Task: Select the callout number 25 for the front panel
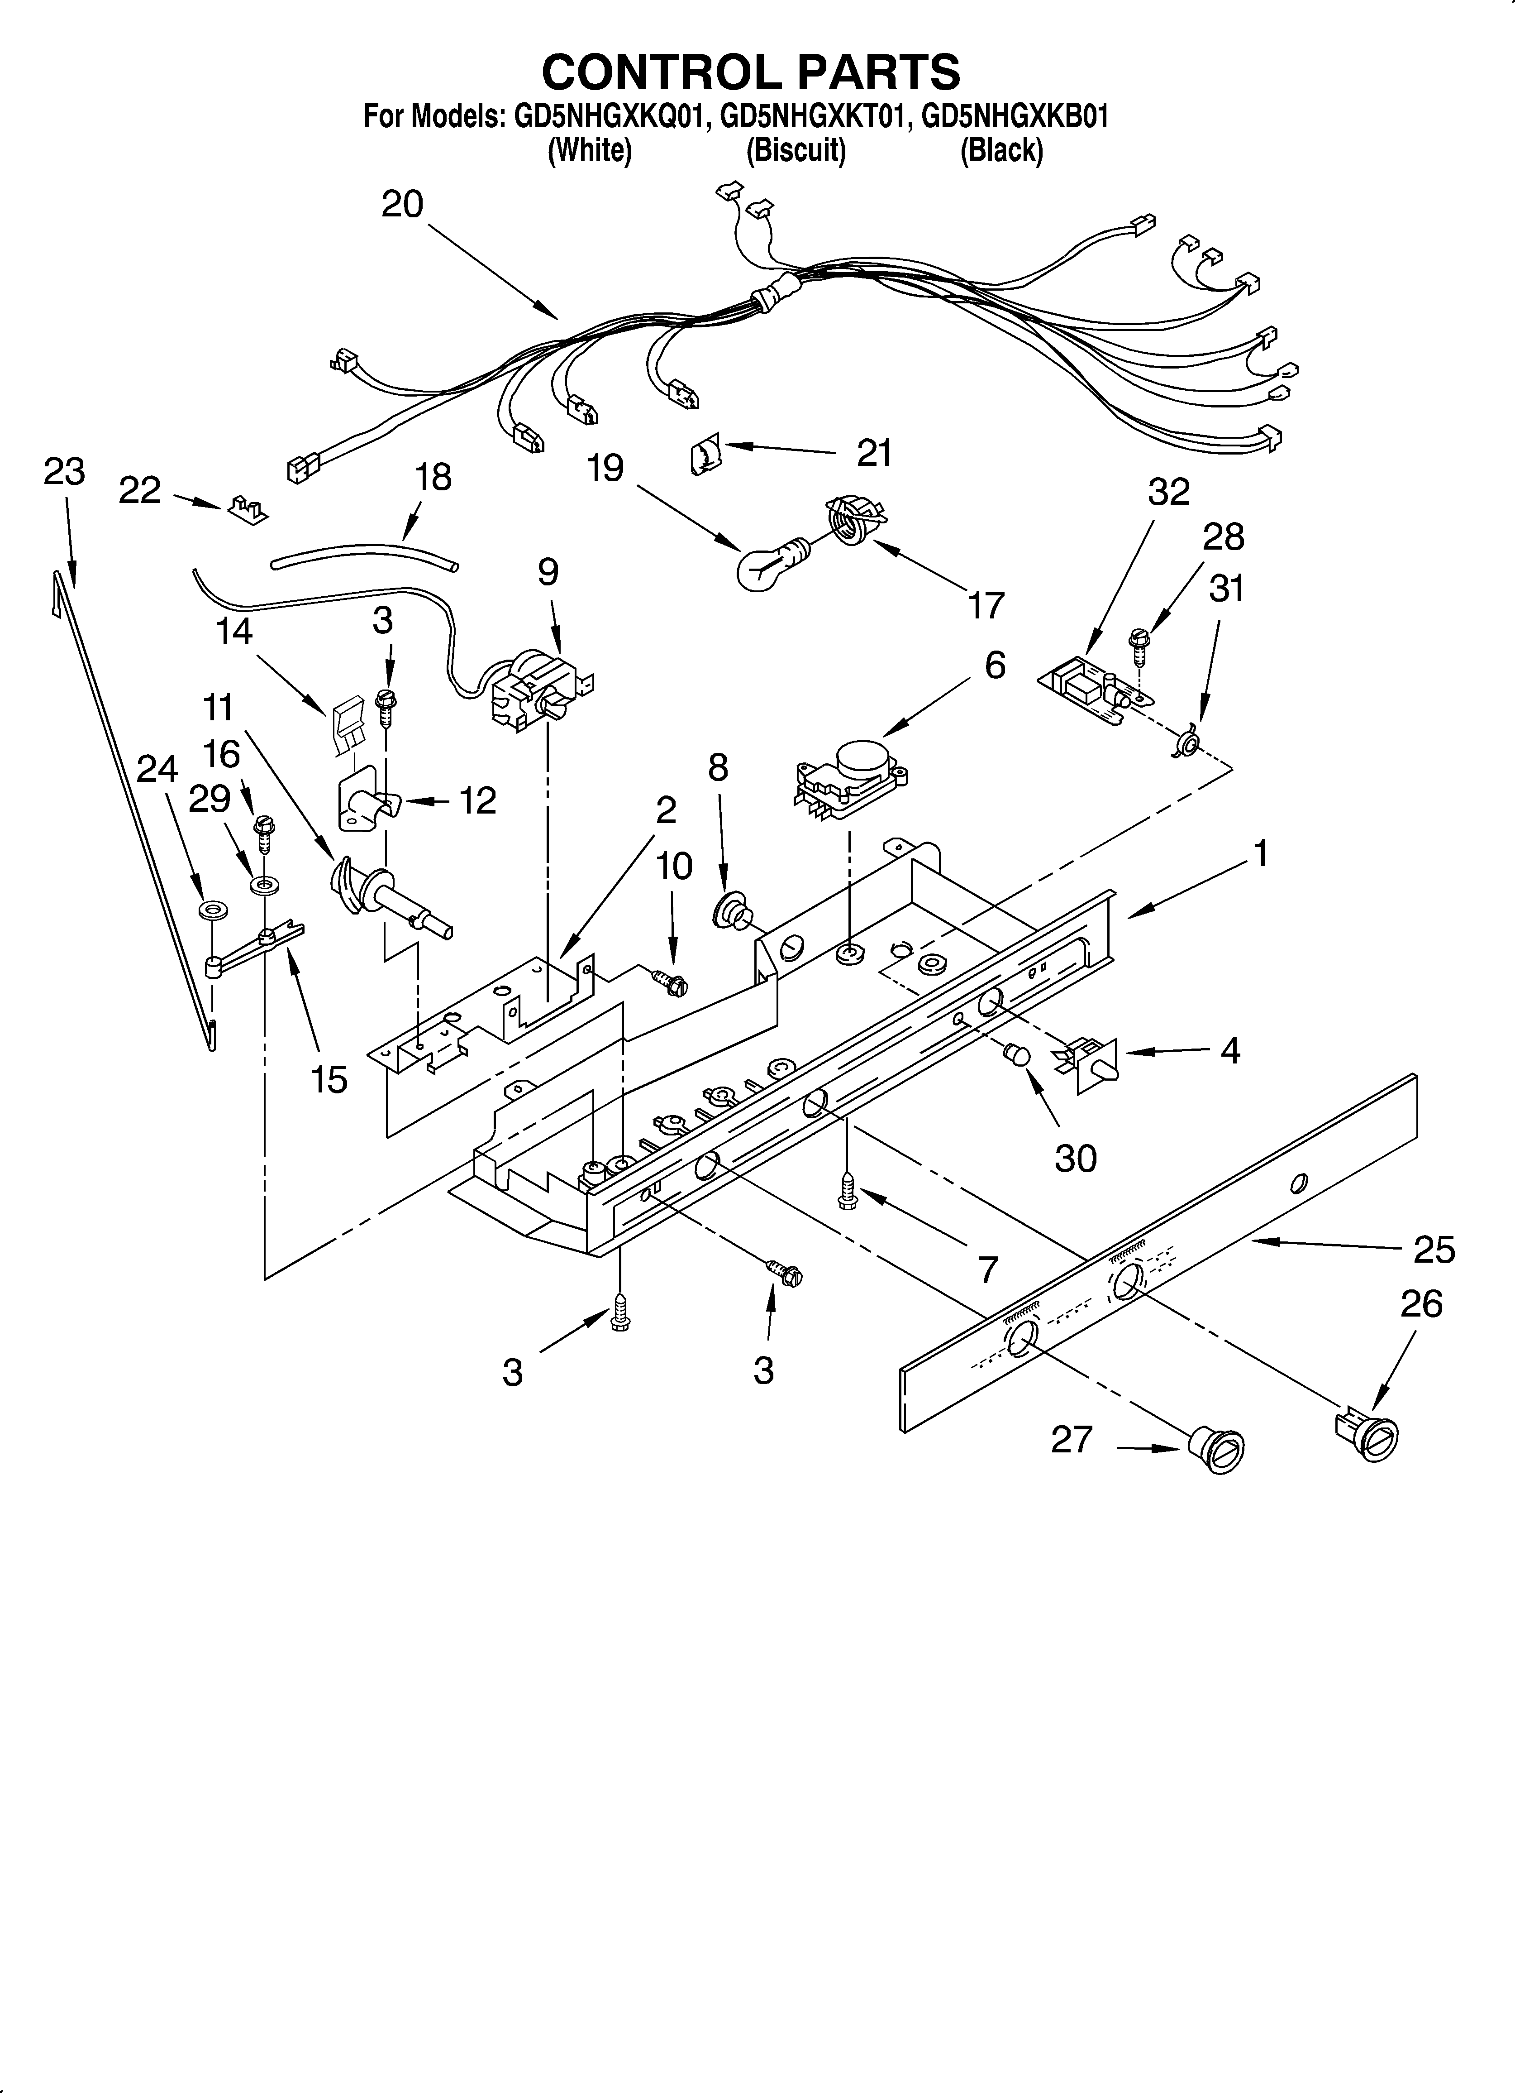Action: (x=1434, y=1250)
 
